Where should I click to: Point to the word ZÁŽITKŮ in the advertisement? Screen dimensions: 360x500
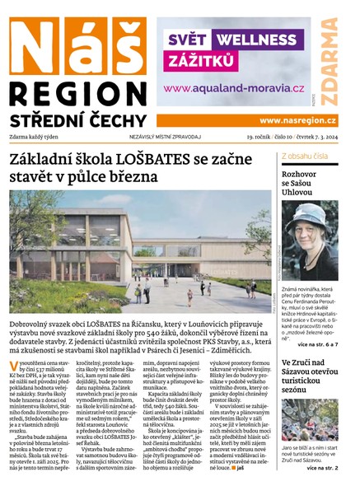[202, 60]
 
